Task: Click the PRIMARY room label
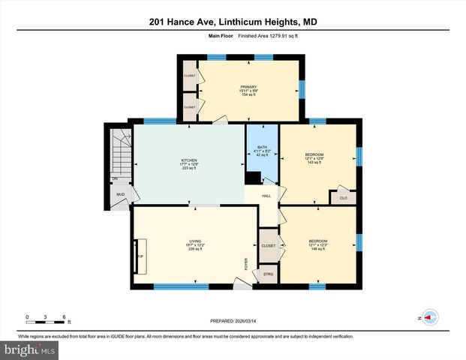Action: coord(248,86)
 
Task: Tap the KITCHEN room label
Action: coord(189,160)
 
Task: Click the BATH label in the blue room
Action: coord(262,147)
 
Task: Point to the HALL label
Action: coord(266,196)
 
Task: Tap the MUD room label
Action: coord(119,195)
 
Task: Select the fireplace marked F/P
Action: coord(140,256)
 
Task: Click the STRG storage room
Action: coord(268,274)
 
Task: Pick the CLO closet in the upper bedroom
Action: coord(343,198)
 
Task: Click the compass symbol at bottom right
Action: coord(430,317)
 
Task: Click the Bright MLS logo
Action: coord(29,350)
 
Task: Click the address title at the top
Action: coord(233,22)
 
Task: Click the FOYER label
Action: coord(245,264)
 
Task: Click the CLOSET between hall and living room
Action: coord(268,246)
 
